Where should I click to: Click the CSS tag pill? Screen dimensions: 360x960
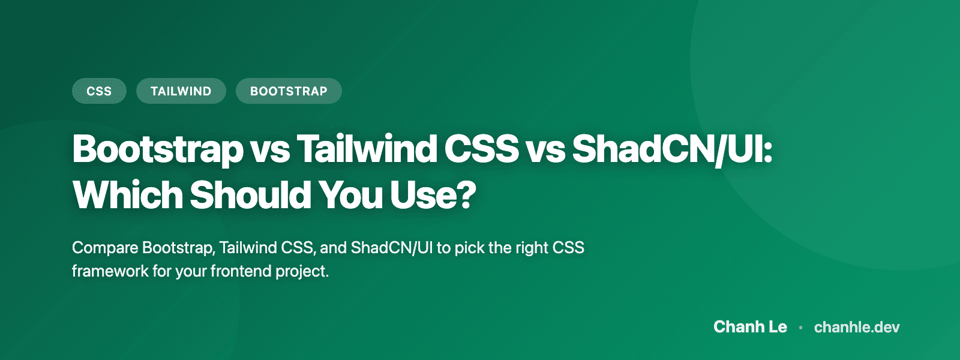click(99, 91)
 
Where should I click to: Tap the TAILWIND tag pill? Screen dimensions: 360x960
click(181, 91)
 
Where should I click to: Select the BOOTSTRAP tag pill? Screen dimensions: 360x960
click(289, 91)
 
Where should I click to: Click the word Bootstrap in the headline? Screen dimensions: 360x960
click(158, 149)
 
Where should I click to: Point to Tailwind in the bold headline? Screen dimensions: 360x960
click(367, 149)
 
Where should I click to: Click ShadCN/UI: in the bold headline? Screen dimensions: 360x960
click(672, 149)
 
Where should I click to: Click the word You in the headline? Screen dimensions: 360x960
click(350, 195)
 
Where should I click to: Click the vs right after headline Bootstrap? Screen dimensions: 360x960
click(269, 150)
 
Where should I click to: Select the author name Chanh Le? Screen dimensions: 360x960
click(750, 327)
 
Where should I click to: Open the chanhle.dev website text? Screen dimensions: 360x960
click(857, 327)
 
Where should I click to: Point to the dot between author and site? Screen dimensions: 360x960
click(800, 328)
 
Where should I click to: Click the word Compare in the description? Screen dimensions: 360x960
click(104, 248)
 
